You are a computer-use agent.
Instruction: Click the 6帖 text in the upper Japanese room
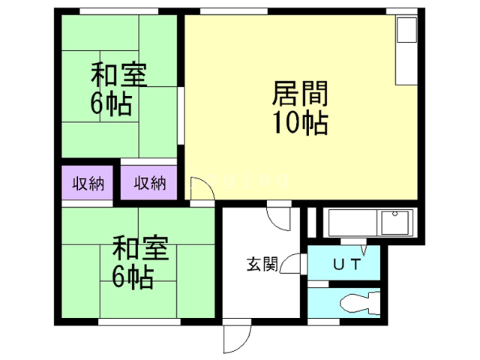click(x=112, y=103)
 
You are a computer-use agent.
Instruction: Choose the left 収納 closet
click(x=87, y=182)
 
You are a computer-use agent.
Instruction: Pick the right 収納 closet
click(x=149, y=182)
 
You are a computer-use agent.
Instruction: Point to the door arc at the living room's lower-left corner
click(x=201, y=188)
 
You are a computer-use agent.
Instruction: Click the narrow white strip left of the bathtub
click(x=312, y=221)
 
